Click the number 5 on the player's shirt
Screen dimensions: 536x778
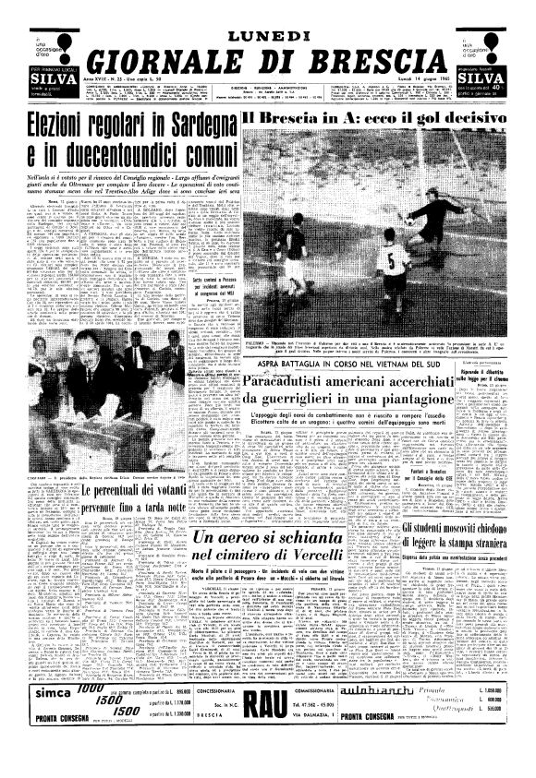tap(395, 259)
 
